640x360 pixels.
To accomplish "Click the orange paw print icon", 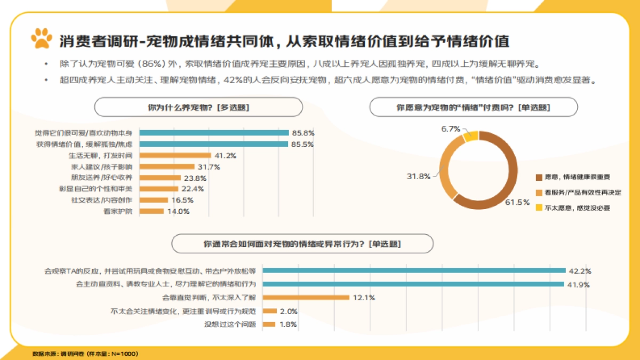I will click(42, 38).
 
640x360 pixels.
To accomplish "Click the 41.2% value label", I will click(225, 156).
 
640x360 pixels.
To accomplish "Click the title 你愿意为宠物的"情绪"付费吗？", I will click(474, 107).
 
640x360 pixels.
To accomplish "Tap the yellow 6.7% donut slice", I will click(470, 137).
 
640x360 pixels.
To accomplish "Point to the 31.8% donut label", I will click(419, 177).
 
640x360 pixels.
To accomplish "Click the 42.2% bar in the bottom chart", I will click(414, 270).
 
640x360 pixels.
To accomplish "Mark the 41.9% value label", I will click(579, 285).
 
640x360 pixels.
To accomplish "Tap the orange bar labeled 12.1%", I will click(306, 298).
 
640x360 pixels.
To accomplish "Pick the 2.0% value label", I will click(289, 311).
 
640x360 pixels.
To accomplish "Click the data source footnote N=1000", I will click(85, 354).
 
